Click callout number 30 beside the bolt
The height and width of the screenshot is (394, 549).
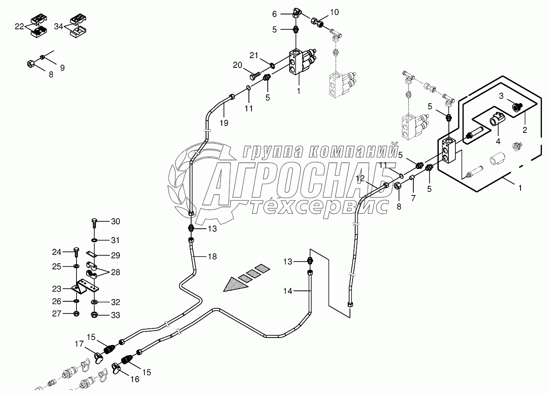pos(115,222)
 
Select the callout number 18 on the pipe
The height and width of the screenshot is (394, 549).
pos(212,257)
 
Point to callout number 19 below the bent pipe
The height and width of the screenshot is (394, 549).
pos(224,123)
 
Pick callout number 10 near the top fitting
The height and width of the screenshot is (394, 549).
pos(334,12)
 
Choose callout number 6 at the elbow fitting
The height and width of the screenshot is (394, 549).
pos(274,14)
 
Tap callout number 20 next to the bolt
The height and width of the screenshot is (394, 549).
pos(237,65)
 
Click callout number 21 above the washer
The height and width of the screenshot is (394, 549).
pos(254,55)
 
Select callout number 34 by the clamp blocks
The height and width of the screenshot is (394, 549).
pos(59,27)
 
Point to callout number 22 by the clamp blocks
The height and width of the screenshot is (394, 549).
pos(19,27)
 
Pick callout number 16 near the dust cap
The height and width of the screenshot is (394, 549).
pos(135,379)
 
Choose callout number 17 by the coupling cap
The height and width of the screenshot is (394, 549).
pos(79,345)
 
